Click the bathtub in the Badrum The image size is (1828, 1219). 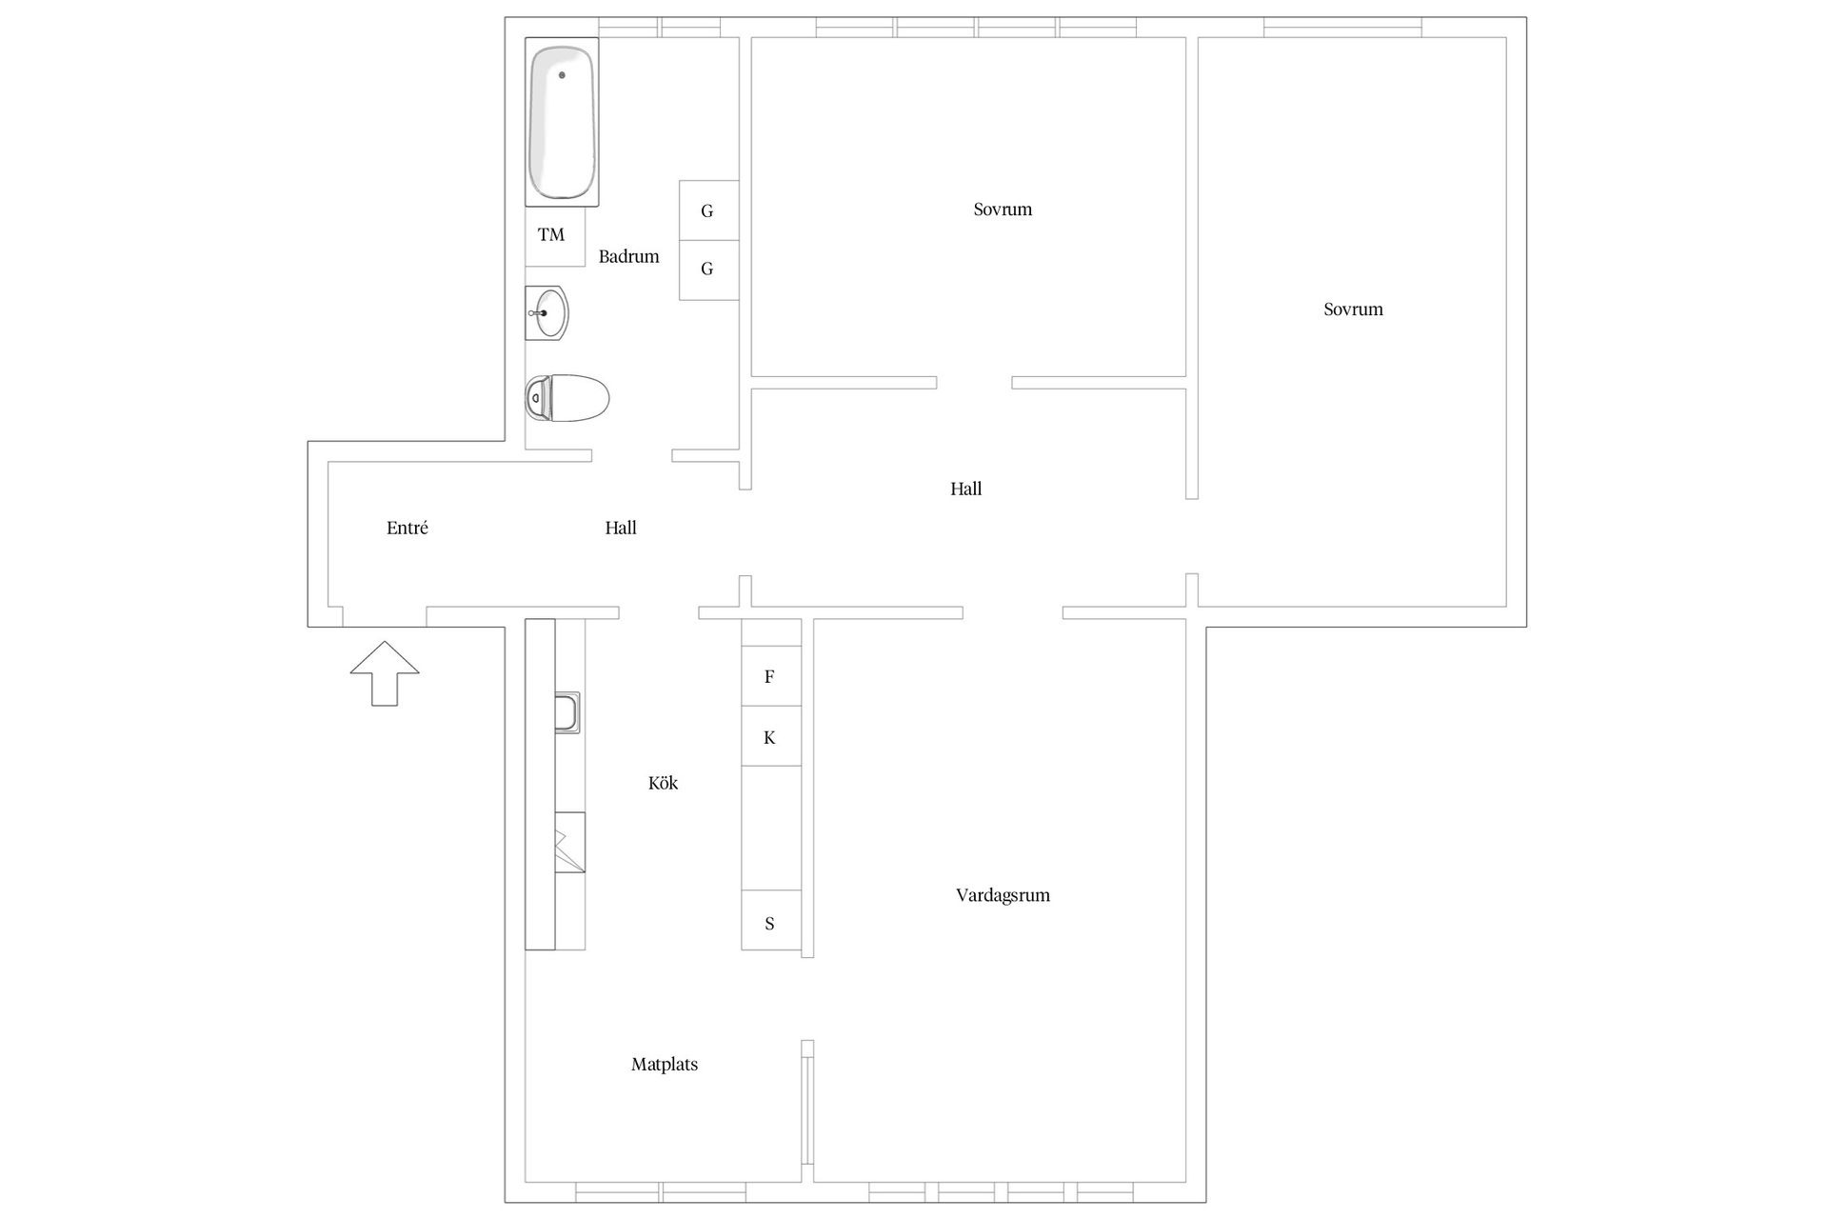[562, 122]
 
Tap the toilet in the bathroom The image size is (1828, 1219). [566, 397]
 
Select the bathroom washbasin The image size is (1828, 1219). [546, 312]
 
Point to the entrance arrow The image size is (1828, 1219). [385, 673]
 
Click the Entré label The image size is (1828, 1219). [407, 528]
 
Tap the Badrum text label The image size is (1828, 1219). [628, 256]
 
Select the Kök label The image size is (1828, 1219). [663, 783]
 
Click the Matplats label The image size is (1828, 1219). [665, 1065]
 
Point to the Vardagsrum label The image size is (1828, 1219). [1003, 895]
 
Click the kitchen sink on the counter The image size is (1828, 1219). [566, 712]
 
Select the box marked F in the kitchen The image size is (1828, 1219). [770, 676]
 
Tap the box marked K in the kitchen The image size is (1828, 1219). [770, 736]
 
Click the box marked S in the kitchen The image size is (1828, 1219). [770, 921]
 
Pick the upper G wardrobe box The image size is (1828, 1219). [708, 210]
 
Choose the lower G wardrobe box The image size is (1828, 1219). [708, 270]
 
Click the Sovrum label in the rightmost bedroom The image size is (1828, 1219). [1353, 310]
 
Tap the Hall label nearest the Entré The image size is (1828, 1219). [621, 528]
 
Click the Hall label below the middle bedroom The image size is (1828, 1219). [965, 489]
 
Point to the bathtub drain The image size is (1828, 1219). [562, 74]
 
